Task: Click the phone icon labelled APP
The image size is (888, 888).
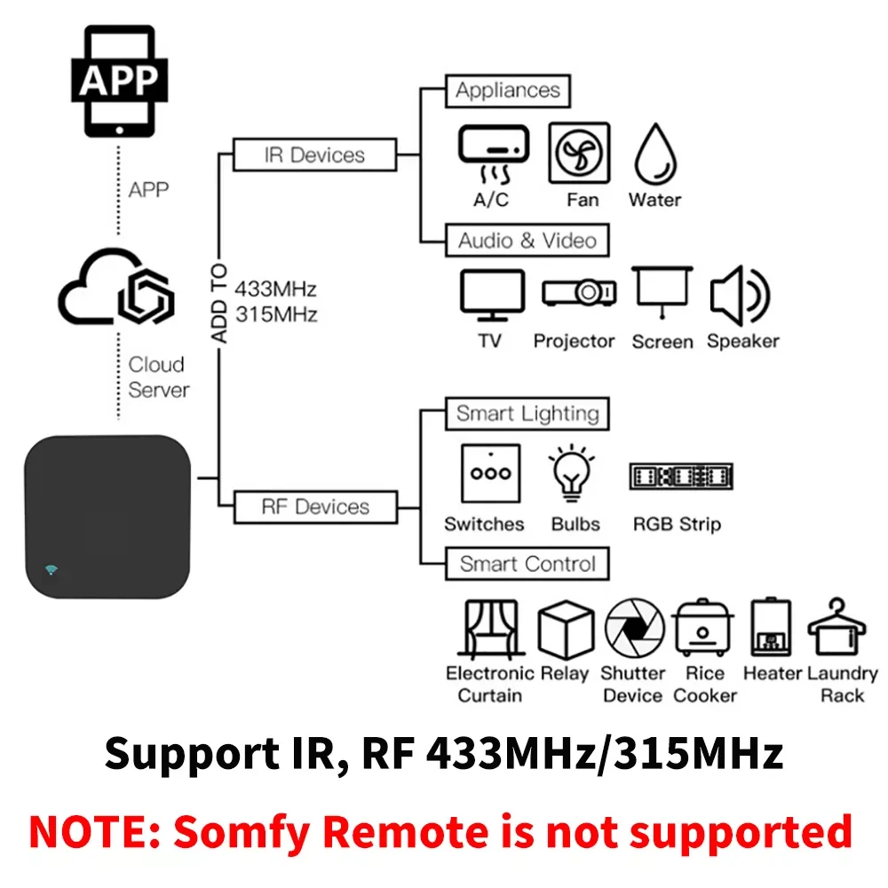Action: pyautogui.click(x=118, y=81)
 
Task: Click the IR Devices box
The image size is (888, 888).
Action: pyautogui.click(x=313, y=155)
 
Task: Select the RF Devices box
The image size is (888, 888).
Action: pyautogui.click(x=314, y=506)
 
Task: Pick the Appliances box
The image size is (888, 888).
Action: pyautogui.click(x=507, y=91)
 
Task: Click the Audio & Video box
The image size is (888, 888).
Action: pyautogui.click(x=527, y=241)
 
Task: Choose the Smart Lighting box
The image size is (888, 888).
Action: pyautogui.click(x=527, y=414)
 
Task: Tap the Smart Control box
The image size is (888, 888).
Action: pyautogui.click(x=527, y=564)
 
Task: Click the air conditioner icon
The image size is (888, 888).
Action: pyautogui.click(x=493, y=152)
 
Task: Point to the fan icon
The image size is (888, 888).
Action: pyautogui.click(x=579, y=153)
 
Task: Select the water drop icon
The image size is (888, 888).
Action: pyautogui.click(x=655, y=154)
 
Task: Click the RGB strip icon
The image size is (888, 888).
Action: pyautogui.click(x=680, y=476)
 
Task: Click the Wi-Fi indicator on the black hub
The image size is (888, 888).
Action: pyautogui.click(x=52, y=569)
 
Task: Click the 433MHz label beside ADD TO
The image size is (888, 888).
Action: pyautogui.click(x=275, y=289)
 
